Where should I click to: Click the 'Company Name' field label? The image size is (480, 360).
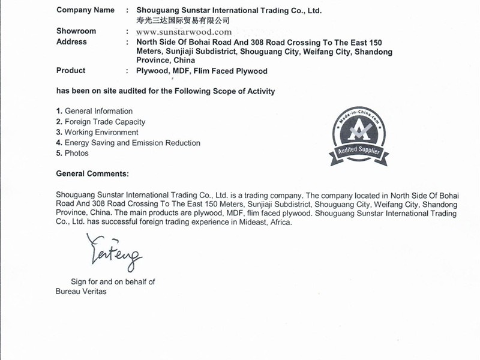pos(85,10)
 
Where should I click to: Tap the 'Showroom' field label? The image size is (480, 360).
pos(76,31)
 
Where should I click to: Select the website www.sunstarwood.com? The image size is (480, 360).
pos(184,32)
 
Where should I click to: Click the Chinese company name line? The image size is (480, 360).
pos(183,20)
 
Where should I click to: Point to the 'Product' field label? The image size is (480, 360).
pos(71,71)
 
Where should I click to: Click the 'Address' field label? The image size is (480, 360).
pos(71,42)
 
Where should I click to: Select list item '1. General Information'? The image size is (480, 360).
pos(94,112)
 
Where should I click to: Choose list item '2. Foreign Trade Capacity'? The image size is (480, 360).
pos(100,122)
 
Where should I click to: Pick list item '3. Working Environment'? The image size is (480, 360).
pos(97,132)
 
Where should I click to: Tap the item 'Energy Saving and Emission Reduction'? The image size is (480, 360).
pos(132,143)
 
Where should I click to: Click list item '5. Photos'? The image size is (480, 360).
pos(72,153)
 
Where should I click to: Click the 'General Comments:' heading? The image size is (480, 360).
pos(92,173)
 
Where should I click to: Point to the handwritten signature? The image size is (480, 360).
pos(113,253)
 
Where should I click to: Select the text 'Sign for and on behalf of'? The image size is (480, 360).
pos(113,281)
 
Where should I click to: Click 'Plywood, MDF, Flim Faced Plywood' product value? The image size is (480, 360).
pos(202,71)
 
